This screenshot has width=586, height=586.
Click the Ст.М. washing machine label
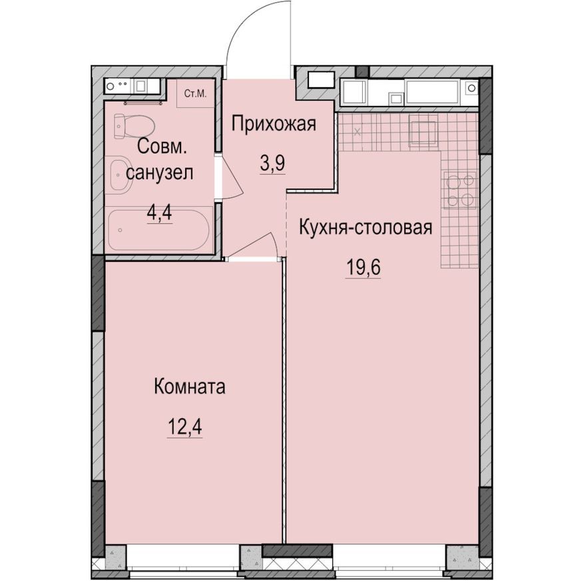(x=196, y=94)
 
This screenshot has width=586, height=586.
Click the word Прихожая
(x=272, y=123)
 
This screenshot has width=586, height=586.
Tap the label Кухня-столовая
(x=366, y=227)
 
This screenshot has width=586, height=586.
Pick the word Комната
(x=189, y=386)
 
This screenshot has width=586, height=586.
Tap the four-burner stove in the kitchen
(x=460, y=190)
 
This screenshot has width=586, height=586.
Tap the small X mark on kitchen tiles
(x=358, y=131)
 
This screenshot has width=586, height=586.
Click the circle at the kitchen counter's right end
(x=471, y=88)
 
